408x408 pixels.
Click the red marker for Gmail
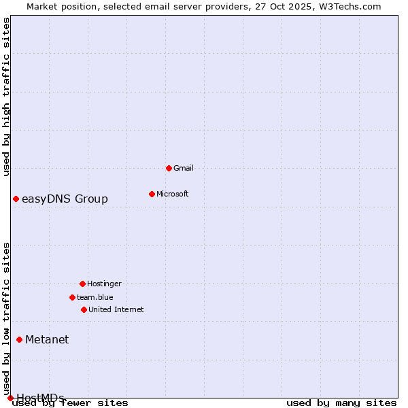169,168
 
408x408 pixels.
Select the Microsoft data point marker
152,194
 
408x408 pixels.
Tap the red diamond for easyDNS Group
16,199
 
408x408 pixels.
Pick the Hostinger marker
82,284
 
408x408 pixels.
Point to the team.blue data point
72,297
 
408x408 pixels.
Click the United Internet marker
84,309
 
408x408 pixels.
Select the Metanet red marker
19,339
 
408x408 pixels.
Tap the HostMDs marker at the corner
10,398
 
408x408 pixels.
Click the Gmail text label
184,168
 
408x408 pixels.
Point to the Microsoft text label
173,194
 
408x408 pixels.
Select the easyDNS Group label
65,199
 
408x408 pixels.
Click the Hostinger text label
104,284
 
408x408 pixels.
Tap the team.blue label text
95,297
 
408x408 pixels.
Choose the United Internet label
116,309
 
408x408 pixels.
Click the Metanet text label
47,339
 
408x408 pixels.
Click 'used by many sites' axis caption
341,403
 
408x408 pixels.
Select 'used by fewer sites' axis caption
71,403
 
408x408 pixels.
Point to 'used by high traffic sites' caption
7,97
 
